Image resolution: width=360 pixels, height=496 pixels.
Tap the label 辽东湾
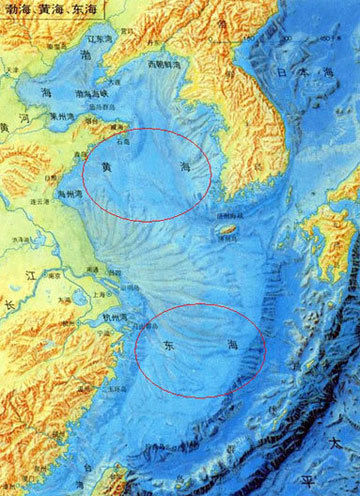point(99,38)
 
